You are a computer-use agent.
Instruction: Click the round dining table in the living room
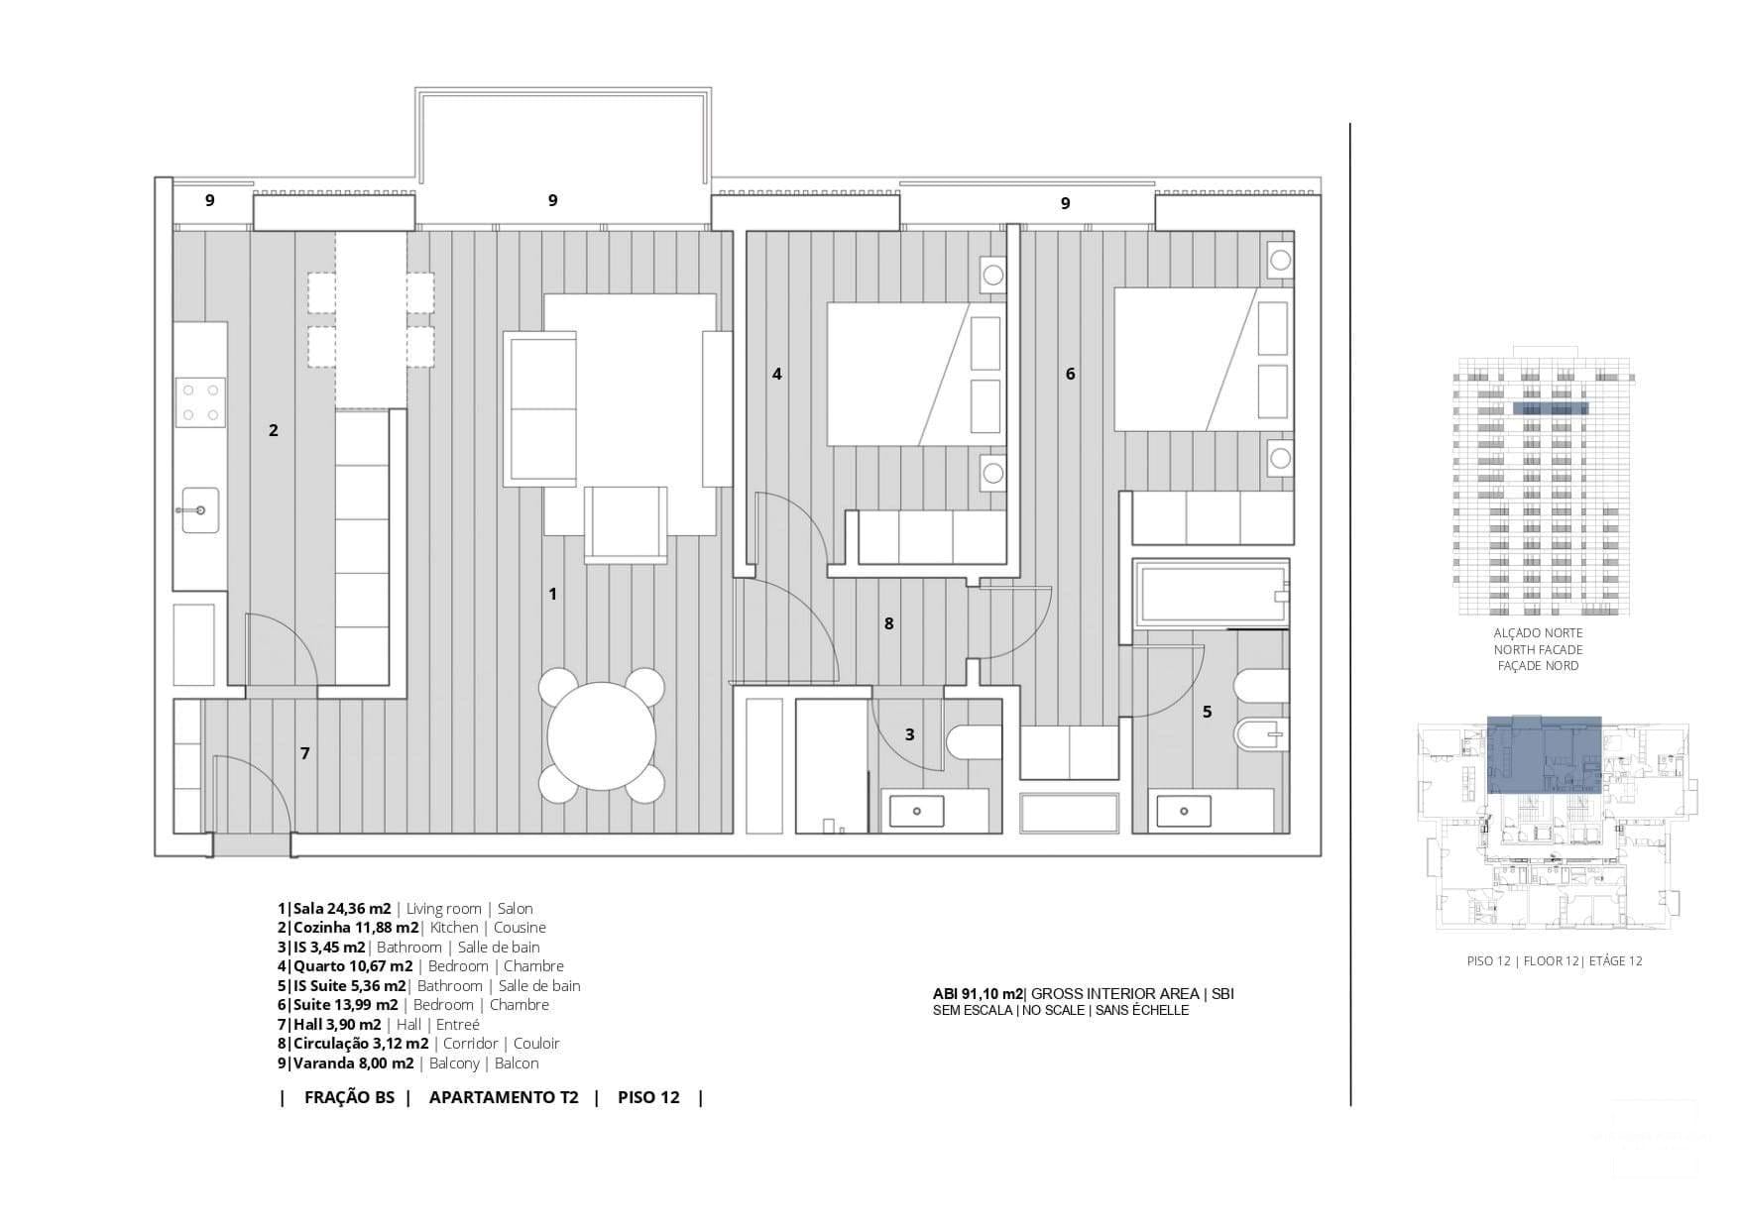pos(601,735)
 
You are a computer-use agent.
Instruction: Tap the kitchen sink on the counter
pos(200,509)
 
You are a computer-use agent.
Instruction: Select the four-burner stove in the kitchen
pos(200,402)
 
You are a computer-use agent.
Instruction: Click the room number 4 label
pos(777,374)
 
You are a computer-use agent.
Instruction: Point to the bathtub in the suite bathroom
pos(1210,593)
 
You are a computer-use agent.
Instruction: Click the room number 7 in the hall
pos(305,753)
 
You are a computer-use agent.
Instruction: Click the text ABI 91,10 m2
pos(978,993)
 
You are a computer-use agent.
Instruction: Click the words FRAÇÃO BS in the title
pos(349,1097)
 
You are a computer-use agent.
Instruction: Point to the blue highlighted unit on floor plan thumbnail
pos(1544,753)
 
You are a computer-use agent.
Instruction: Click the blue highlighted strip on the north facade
pos(1550,408)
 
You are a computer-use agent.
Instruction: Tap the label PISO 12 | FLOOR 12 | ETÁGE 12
pos(1554,960)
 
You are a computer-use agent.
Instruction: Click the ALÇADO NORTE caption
pos(1538,632)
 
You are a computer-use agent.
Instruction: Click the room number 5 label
pos(1207,712)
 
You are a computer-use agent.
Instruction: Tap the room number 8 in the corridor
pos(888,623)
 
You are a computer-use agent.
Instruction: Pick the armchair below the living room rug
pos(626,523)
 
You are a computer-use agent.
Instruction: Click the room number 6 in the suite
pos(1070,374)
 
